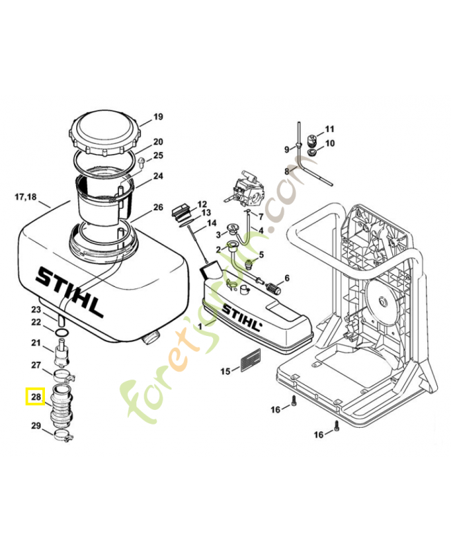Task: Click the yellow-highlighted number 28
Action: click(36, 397)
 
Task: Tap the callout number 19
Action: click(158, 117)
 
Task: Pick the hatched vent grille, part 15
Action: click(250, 359)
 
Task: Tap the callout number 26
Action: click(158, 207)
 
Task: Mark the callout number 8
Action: click(286, 171)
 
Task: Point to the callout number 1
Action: click(201, 325)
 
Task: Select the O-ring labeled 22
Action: click(60, 332)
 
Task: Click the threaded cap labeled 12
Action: click(182, 209)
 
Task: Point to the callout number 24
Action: click(158, 176)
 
